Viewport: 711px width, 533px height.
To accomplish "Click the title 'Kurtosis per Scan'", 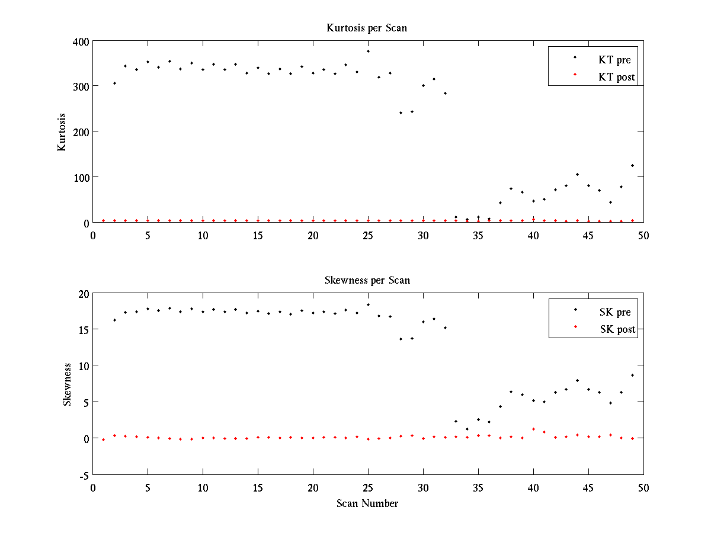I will tap(367, 28).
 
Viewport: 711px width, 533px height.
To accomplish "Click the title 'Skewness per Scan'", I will tap(367, 280).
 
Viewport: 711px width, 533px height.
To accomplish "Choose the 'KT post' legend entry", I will tap(616, 76).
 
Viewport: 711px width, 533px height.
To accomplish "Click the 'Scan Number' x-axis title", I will tap(367, 503).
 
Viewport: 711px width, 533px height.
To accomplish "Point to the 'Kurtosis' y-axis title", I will tap(62, 132).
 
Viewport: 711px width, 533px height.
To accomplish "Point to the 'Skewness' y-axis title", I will tap(67, 384).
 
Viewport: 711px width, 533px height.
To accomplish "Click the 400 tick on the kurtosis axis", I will tap(81, 41).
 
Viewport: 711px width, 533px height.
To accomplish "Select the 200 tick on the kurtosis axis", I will tap(81, 132).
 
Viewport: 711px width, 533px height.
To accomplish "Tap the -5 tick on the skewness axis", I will tap(83, 475).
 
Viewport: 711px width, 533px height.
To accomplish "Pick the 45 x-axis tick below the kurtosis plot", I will tap(588, 235).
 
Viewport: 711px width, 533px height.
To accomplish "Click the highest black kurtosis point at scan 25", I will tap(368, 51).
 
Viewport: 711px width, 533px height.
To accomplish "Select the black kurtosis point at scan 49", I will tap(632, 165).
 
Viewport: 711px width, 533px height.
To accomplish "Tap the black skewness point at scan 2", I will tap(114, 320).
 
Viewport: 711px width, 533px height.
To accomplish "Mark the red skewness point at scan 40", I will tap(533, 429).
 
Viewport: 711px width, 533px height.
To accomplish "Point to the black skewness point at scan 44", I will tap(577, 380).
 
